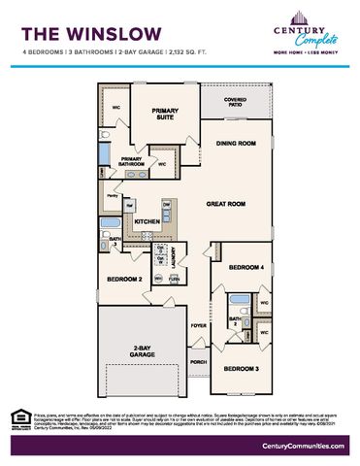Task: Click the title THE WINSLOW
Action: click(x=79, y=31)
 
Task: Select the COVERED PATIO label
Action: click(x=236, y=101)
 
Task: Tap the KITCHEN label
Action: click(x=147, y=222)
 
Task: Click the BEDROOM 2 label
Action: click(x=126, y=279)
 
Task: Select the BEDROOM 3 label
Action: click(x=241, y=368)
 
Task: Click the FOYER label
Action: click(x=198, y=326)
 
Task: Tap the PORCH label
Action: click(x=198, y=362)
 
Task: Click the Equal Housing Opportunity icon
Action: click(x=16, y=413)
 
